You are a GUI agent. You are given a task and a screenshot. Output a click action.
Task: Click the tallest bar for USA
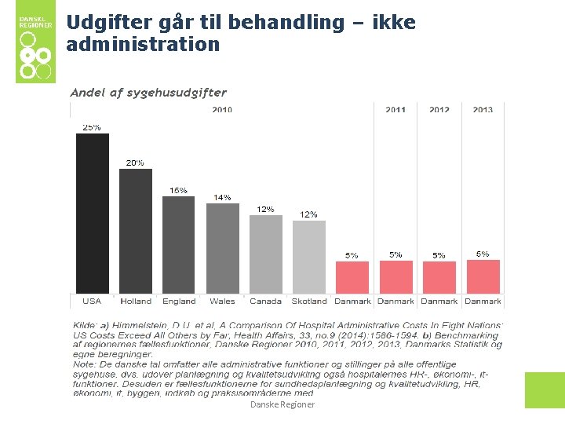92,214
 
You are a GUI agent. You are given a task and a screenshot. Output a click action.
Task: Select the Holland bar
136,231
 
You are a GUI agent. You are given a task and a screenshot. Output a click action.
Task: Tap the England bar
179,245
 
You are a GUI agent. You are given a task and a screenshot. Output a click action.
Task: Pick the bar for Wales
223,248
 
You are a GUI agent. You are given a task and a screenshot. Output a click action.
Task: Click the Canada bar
266,254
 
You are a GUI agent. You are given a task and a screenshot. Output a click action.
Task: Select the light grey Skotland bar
309,257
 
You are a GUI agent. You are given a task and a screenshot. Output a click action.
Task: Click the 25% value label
92,127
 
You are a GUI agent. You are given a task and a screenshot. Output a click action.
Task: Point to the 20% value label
135,163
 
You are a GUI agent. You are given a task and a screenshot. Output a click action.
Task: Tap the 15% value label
179,190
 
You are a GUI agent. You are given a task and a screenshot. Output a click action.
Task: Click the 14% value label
223,198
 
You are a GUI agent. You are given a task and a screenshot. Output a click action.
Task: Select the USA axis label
92,301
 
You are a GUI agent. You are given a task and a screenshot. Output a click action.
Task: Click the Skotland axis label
309,301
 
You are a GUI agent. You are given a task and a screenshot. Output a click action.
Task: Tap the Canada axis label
266,301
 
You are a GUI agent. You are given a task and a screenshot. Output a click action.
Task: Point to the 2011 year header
395,110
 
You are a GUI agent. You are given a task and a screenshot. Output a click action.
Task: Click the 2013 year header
483,110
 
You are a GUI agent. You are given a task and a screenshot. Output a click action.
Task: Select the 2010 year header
222,110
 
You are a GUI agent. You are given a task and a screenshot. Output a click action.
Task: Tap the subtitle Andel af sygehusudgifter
148,93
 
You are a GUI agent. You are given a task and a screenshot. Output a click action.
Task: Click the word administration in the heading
143,45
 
